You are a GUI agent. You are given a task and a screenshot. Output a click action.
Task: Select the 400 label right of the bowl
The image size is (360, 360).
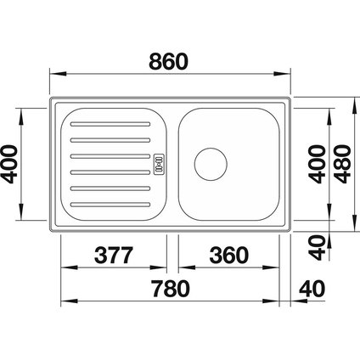click(317, 162)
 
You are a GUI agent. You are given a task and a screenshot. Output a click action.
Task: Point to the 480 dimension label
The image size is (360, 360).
click(343, 162)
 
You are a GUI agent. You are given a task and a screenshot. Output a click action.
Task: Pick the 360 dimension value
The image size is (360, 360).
click(227, 254)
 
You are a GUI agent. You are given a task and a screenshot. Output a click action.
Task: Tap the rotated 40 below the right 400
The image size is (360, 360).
click(317, 246)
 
